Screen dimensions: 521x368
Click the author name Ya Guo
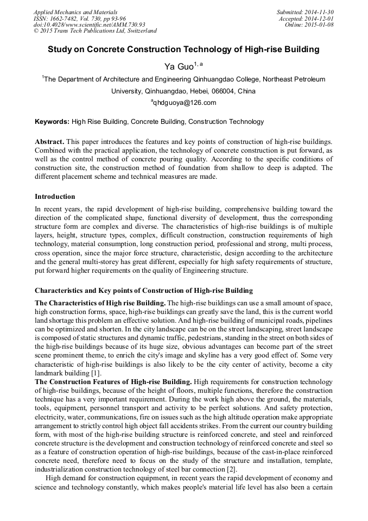[179, 67]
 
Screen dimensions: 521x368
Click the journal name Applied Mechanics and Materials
[75, 12]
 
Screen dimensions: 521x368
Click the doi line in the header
[89, 25]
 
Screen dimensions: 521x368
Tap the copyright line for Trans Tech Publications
[95, 32]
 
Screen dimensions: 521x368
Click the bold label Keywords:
[52, 122]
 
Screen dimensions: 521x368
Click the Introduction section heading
[55, 197]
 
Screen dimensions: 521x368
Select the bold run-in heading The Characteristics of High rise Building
[100, 302]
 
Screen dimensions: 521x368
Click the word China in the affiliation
[246, 91]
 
